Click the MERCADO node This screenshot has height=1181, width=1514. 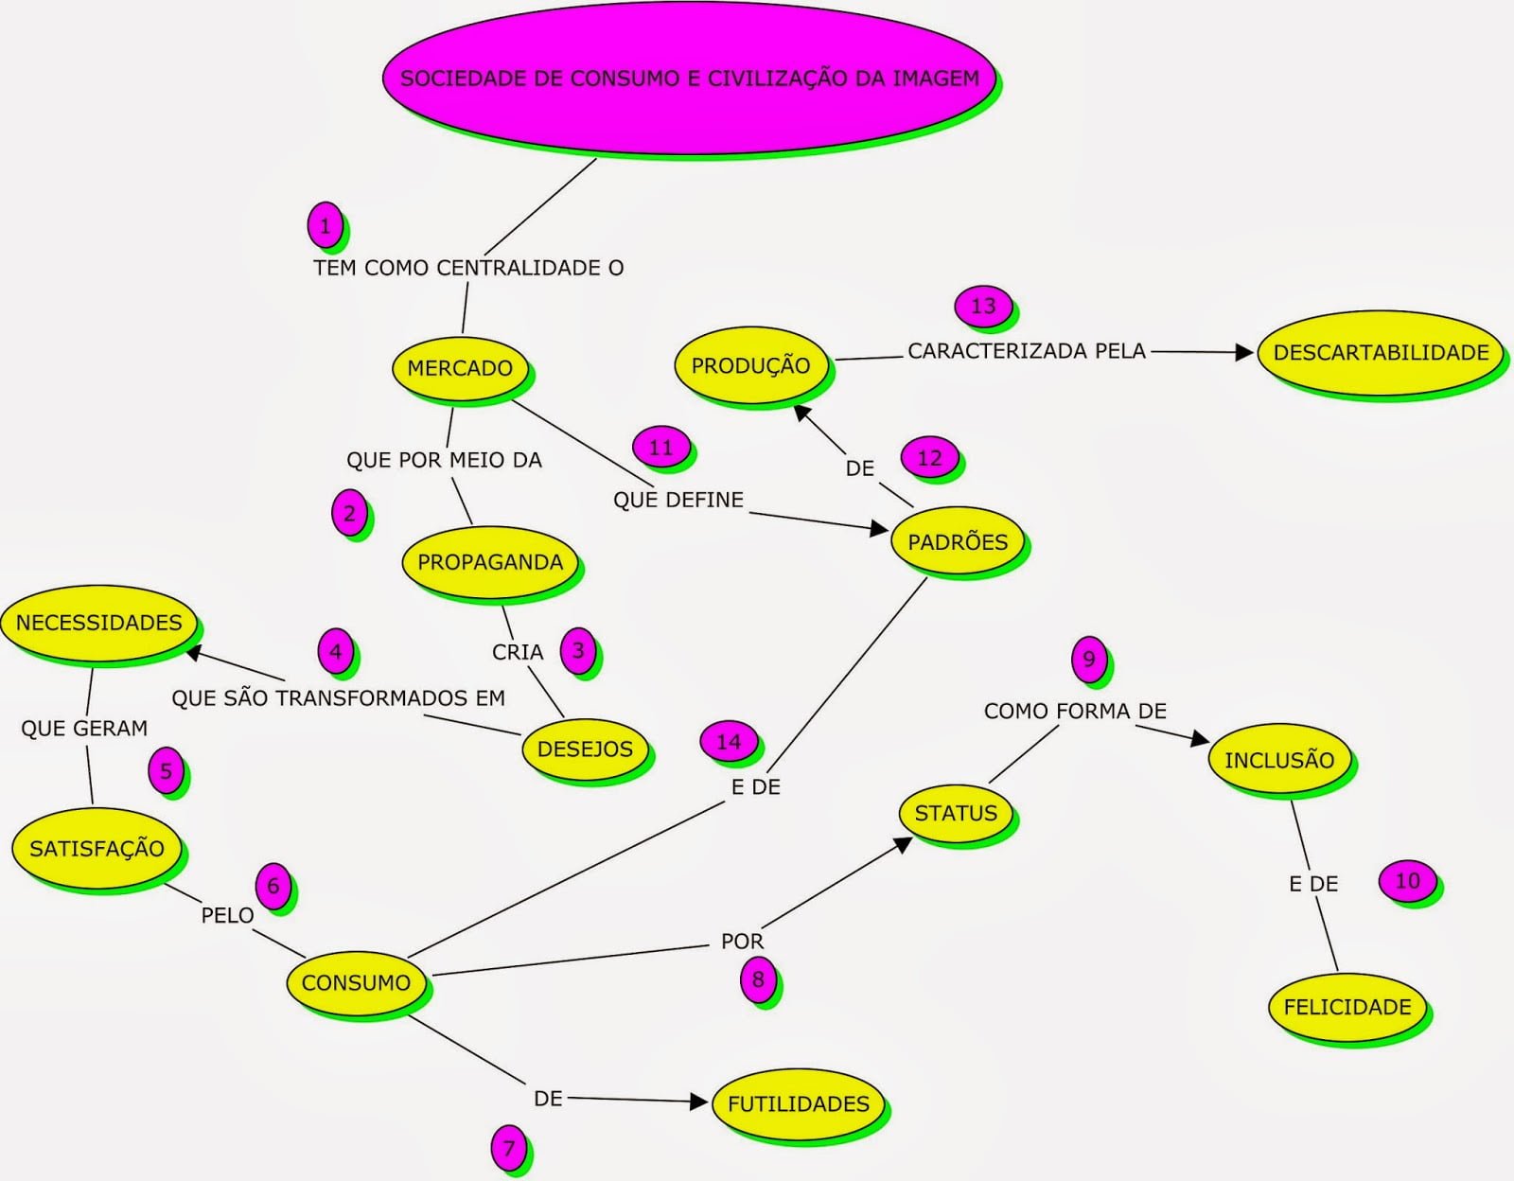460,368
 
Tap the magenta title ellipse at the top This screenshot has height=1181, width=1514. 689,79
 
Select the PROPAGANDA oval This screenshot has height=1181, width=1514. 490,562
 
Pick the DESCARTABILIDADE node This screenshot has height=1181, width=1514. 1380,352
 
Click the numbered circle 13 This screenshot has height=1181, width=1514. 983,306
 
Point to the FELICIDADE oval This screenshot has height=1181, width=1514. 1347,1007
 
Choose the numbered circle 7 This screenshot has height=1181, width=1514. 509,1148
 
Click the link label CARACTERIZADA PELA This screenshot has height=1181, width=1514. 1026,351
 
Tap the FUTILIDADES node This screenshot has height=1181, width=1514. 798,1103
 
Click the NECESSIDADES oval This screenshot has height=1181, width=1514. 99,623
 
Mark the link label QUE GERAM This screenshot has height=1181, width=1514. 84,728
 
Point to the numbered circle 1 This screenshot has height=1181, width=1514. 326,226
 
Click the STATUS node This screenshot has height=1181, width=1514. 956,813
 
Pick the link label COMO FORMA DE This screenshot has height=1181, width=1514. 1075,711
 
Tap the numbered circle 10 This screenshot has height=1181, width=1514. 1407,881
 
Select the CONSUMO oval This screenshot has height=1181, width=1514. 356,982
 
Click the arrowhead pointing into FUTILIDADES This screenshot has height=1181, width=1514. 700,1102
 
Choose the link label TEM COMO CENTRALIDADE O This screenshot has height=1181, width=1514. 468,268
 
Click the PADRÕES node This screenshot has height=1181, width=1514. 958,542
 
